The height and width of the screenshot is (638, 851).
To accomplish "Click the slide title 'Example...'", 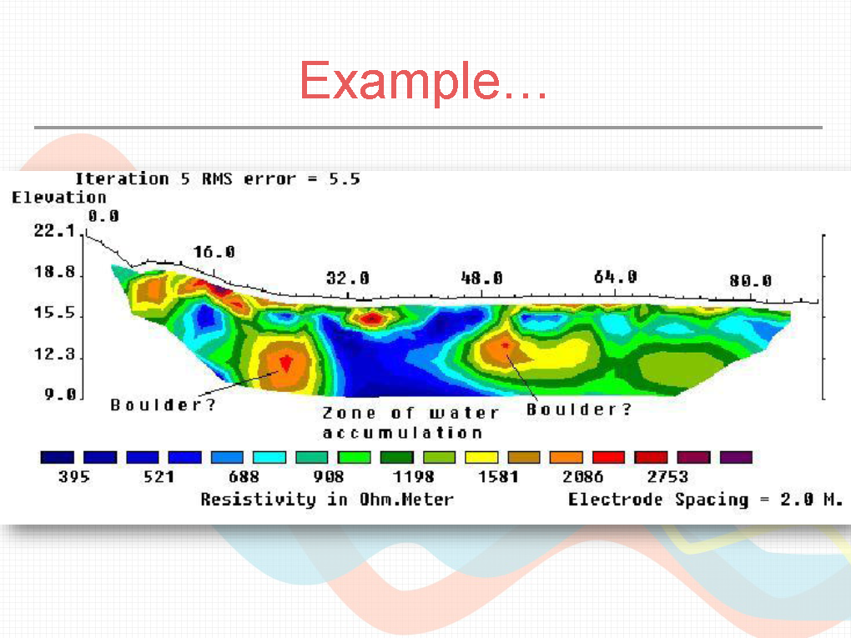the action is [x=423, y=82].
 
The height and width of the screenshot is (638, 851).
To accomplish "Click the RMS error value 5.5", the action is [x=345, y=179].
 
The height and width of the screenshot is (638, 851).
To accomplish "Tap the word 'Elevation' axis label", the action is [x=59, y=198].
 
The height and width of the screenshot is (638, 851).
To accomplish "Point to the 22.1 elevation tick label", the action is [x=54, y=230].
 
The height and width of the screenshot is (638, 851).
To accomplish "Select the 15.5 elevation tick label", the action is [x=54, y=313].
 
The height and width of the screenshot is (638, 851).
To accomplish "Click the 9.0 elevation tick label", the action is [x=60, y=394].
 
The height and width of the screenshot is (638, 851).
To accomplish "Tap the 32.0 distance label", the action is [x=348, y=279].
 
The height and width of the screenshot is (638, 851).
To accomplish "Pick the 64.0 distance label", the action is [x=616, y=277].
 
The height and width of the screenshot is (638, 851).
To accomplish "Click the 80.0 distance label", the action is [x=751, y=281].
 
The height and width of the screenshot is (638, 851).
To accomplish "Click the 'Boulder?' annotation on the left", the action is [x=163, y=405].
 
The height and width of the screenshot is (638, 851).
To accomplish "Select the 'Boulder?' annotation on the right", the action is [x=579, y=409].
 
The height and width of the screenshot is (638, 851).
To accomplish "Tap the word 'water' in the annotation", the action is [x=464, y=414].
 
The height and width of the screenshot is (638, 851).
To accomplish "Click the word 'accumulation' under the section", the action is [x=402, y=433].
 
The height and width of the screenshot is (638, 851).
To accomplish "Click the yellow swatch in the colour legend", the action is [x=481, y=457].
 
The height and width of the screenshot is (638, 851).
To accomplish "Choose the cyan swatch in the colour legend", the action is [x=269, y=457].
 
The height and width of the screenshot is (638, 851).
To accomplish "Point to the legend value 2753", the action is [x=667, y=477].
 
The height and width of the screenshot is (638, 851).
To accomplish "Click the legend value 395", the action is [x=73, y=477].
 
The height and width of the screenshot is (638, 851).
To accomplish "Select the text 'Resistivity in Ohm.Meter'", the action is [x=327, y=500].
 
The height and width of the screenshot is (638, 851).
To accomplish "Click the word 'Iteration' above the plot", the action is [x=122, y=179].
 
